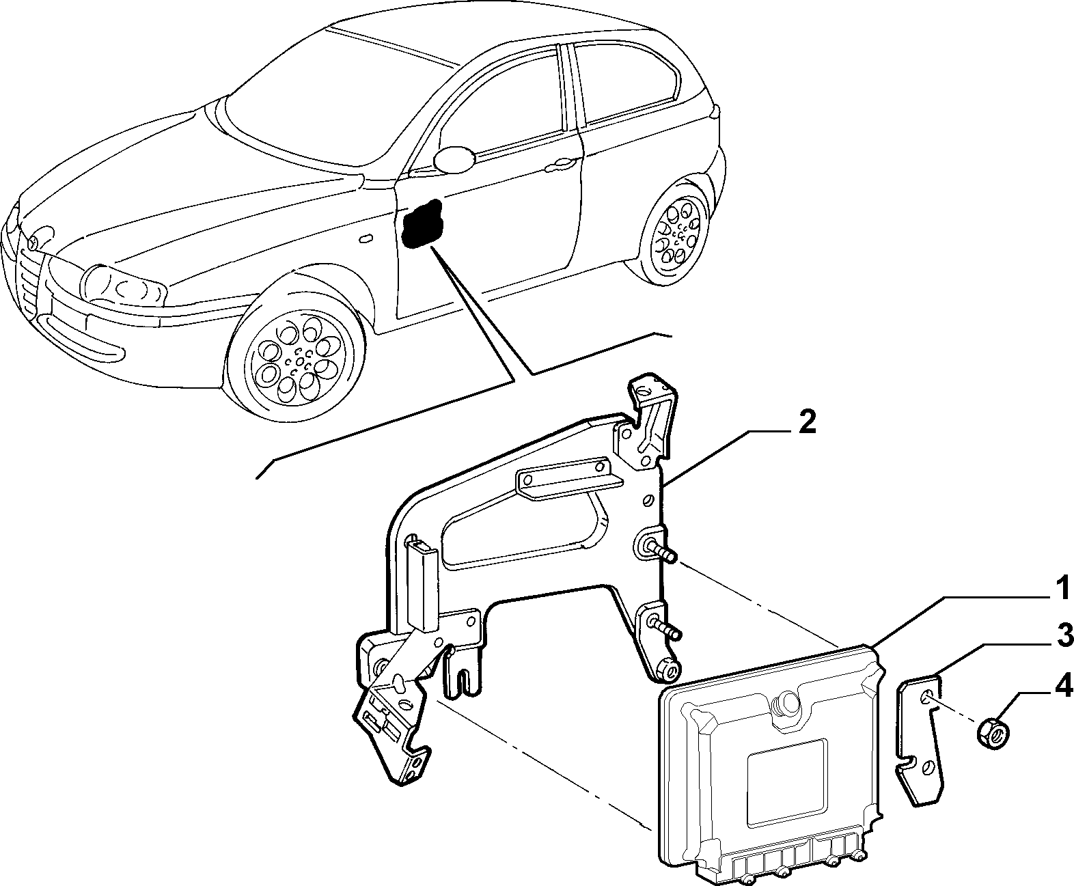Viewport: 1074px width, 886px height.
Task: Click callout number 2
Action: click(x=807, y=424)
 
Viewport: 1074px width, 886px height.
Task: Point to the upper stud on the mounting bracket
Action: click(x=661, y=552)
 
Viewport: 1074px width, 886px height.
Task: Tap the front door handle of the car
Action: click(x=561, y=165)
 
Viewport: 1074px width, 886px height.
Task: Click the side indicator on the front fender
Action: click(x=366, y=238)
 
